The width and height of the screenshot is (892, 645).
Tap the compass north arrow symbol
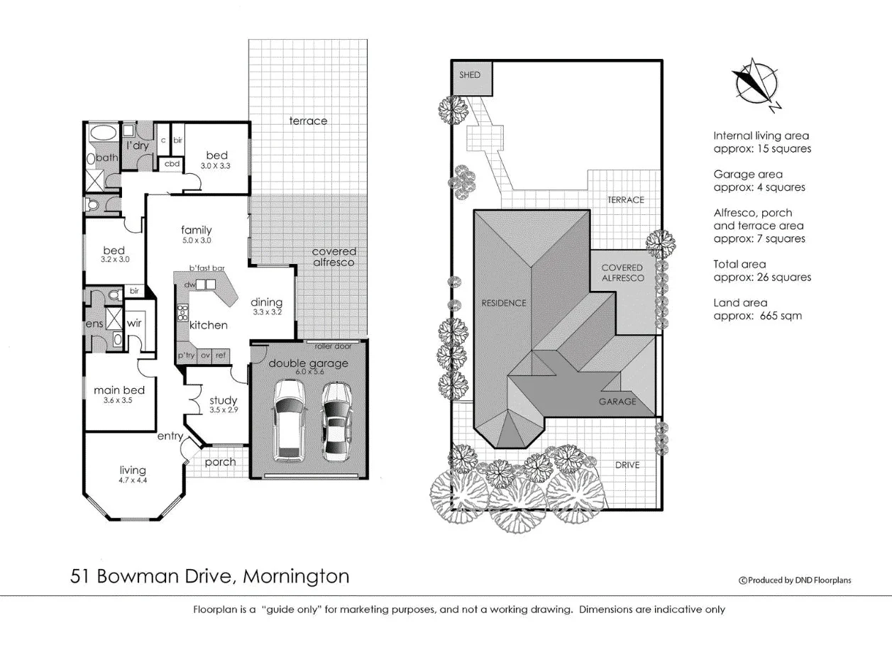(756, 84)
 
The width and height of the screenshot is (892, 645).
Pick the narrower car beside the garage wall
(336, 421)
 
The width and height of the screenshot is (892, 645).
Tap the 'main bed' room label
(119, 390)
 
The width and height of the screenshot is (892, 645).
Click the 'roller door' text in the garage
(334, 346)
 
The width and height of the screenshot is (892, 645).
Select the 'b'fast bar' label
(207, 268)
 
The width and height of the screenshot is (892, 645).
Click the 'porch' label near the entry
(220, 462)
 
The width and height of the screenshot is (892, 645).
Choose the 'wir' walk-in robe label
(134, 324)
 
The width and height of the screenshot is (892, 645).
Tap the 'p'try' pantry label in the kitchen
(187, 355)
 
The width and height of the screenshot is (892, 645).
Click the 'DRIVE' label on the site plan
(627, 465)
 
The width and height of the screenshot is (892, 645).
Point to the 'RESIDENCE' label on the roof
(504, 303)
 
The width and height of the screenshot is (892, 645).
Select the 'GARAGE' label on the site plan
(617, 401)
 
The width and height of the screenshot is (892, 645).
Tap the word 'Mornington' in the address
(296, 575)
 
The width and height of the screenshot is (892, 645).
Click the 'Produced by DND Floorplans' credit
(795, 580)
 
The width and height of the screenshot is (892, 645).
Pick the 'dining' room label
(267, 302)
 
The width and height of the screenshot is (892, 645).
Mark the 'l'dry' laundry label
(138, 145)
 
